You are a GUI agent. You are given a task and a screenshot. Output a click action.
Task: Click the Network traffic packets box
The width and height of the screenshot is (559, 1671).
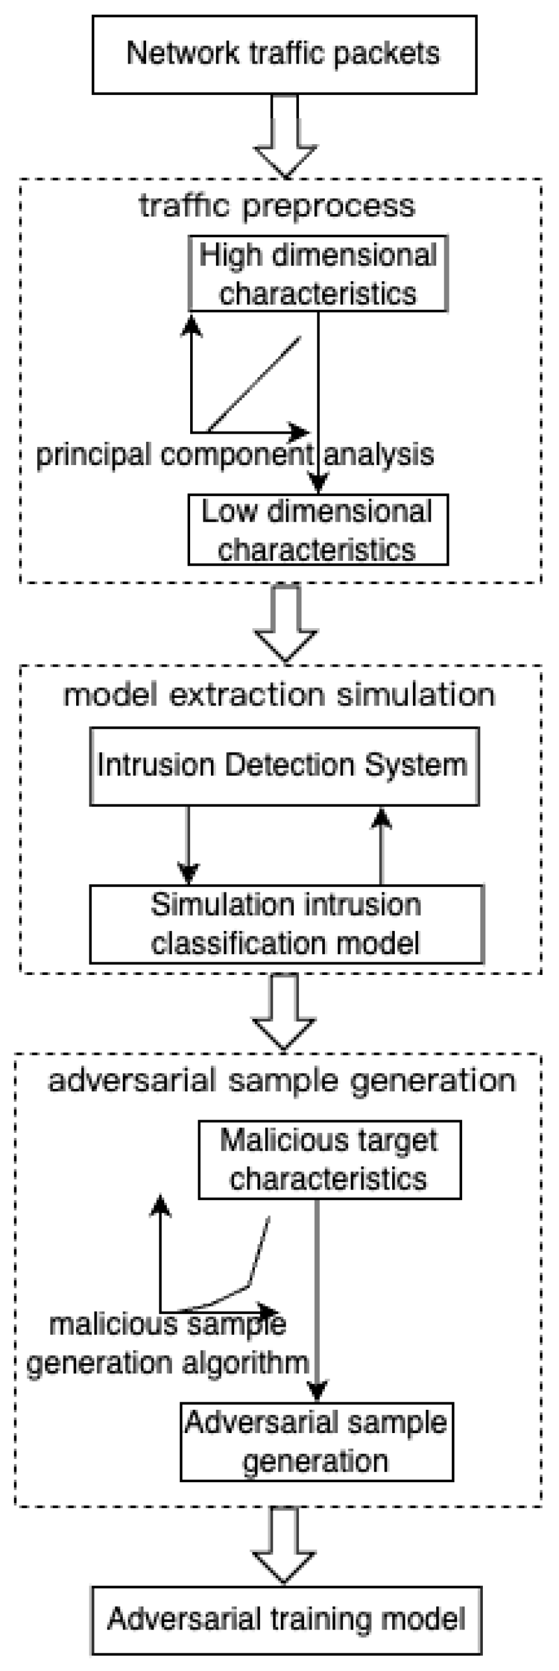(x=284, y=55)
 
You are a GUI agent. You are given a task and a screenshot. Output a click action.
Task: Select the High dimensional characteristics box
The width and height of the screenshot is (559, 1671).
(x=317, y=274)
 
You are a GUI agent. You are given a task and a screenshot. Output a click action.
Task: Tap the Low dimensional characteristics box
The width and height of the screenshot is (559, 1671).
(x=317, y=529)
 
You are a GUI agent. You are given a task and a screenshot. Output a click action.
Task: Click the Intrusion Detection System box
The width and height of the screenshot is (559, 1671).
(x=284, y=765)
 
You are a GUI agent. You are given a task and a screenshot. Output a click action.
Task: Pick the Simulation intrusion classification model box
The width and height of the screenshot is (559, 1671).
(x=286, y=923)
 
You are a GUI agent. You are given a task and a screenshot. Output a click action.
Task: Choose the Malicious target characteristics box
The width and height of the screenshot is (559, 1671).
(x=329, y=1159)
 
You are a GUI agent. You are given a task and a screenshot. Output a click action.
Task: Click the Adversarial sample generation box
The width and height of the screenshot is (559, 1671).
(x=316, y=1441)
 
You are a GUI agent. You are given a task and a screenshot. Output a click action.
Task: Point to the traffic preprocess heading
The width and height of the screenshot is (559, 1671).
(x=277, y=206)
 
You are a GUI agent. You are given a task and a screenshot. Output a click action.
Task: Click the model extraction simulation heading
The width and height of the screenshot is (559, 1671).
(x=279, y=695)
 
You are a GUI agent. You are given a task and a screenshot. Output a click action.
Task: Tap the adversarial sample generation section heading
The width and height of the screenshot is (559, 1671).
(x=281, y=1081)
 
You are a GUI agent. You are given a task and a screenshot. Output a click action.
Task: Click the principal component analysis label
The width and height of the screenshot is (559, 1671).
(x=235, y=454)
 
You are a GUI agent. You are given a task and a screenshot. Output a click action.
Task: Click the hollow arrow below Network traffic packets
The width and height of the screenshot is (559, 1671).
(x=285, y=136)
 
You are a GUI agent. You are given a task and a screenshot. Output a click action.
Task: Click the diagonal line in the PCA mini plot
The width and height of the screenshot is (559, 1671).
(x=254, y=384)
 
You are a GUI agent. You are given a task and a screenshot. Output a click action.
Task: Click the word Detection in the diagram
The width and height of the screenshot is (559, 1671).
(x=292, y=765)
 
